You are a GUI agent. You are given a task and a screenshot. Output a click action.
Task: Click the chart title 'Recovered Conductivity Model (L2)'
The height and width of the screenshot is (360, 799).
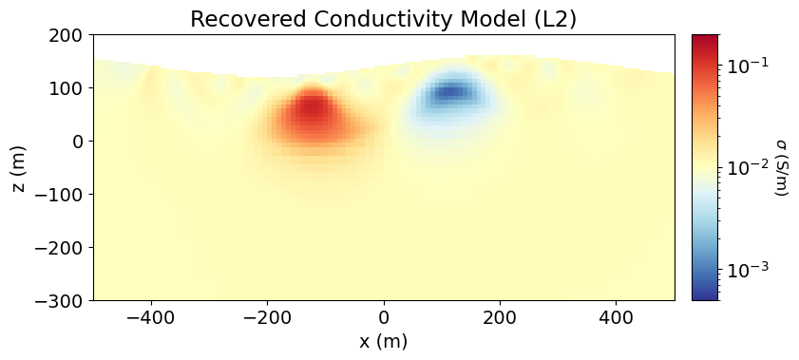coord(384,19)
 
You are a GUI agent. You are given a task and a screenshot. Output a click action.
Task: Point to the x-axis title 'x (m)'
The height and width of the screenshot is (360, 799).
coord(384,342)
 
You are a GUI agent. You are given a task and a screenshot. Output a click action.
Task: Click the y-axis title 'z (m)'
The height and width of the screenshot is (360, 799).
coord(20,168)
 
